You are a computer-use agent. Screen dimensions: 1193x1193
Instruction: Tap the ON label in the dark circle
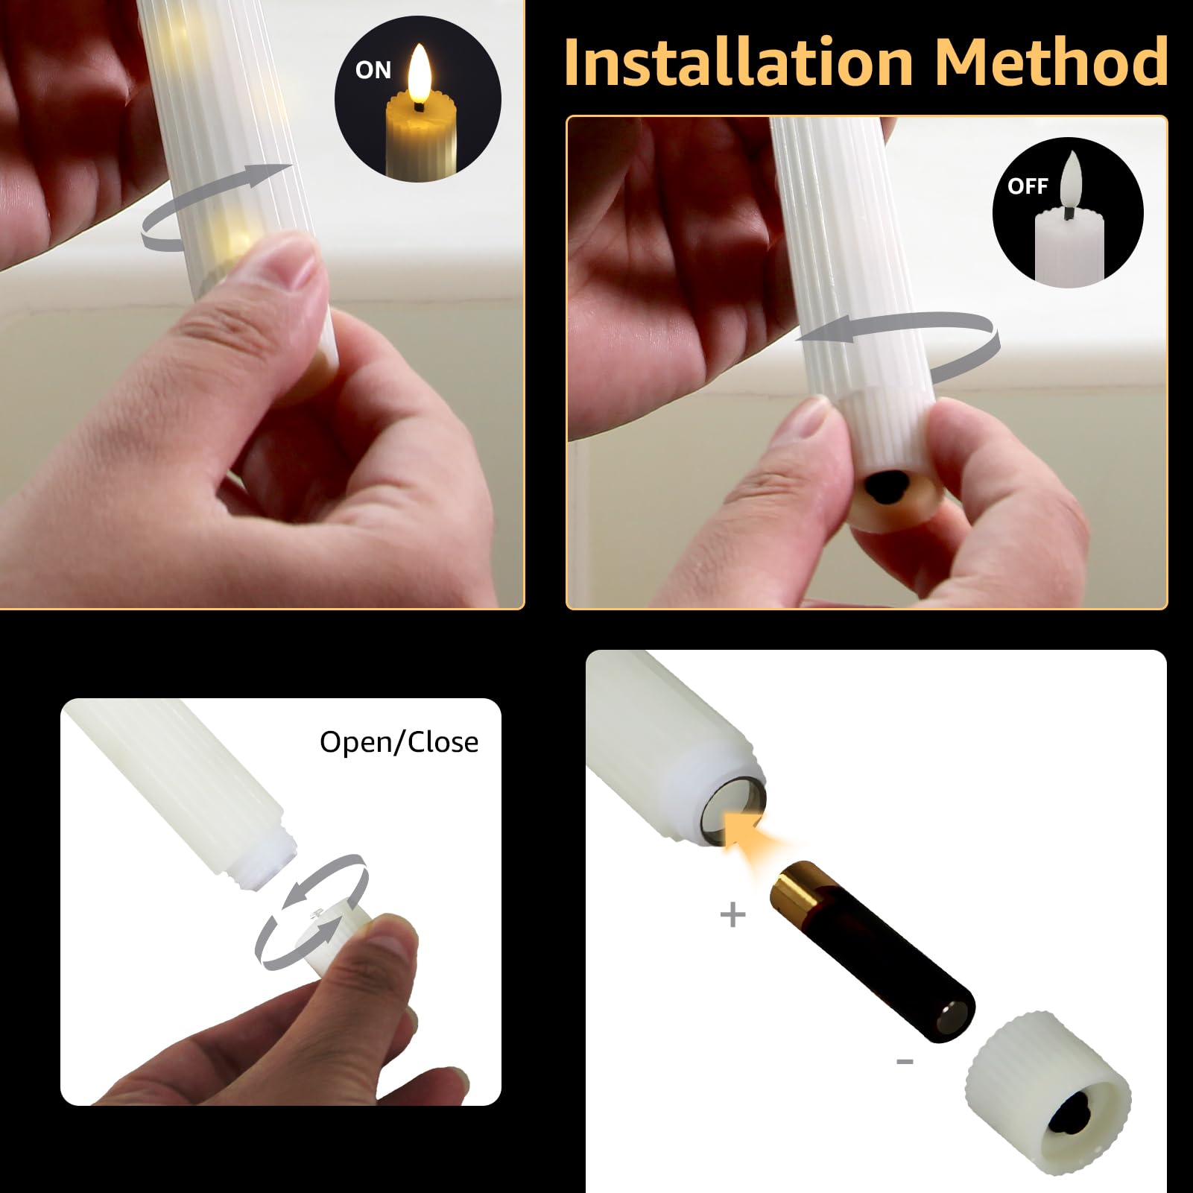(373, 70)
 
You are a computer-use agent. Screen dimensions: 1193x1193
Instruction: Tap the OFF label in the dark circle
(1028, 186)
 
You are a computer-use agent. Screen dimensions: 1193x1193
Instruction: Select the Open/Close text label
(399, 742)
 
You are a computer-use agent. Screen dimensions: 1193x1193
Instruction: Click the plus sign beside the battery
(733, 914)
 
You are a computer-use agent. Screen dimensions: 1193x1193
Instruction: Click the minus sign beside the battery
(905, 1061)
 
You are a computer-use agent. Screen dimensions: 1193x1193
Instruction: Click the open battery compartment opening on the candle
(735, 809)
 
